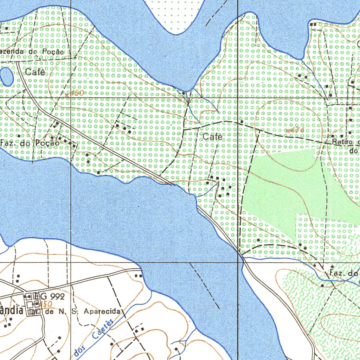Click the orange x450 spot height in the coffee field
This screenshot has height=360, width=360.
(74, 93)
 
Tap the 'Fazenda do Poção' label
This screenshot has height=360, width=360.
(32, 52)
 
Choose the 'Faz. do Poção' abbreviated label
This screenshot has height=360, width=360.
(30, 143)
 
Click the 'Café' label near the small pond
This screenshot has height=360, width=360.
(35, 72)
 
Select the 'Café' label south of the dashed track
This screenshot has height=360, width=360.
(213, 137)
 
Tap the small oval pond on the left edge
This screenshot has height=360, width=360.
(6, 76)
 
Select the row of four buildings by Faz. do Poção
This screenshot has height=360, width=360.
(67, 142)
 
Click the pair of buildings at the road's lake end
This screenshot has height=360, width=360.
(139, 276)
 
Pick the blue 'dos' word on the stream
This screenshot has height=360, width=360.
(80, 351)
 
